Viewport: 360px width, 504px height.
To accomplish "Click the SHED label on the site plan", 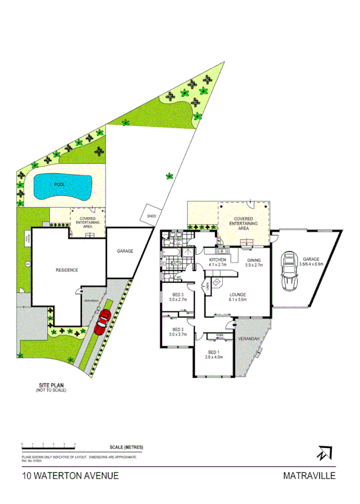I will pyautogui.click(x=151, y=217).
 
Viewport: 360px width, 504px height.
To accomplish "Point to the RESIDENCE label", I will pyautogui.click(x=67, y=270).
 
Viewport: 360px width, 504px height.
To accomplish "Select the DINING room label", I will pyautogui.click(x=254, y=260).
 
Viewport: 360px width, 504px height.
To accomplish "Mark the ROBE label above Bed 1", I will pyautogui.click(x=219, y=336).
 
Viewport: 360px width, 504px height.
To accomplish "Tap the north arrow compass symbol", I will pyautogui.click(x=325, y=453).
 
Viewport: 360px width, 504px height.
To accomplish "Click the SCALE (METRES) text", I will pyautogui.click(x=125, y=447).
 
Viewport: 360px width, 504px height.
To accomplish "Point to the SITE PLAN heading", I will pyautogui.click(x=49, y=386).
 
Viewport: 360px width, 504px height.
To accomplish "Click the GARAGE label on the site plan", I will pyautogui.click(x=124, y=251).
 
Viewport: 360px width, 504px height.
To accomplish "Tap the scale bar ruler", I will pyautogui.click(x=49, y=446).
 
